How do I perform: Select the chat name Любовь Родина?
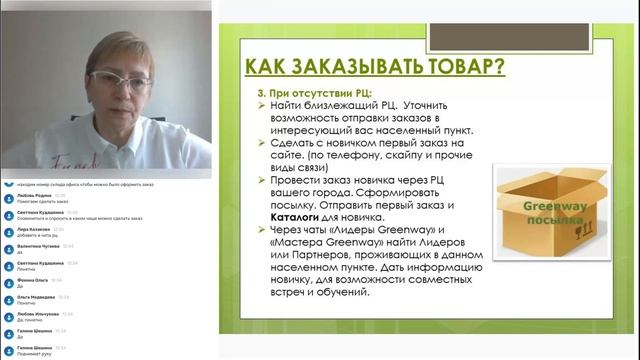click(x=34, y=196)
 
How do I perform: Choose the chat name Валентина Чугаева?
click(x=38, y=244)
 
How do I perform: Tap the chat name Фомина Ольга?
click(x=32, y=281)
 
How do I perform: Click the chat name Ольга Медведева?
click(x=35, y=297)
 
